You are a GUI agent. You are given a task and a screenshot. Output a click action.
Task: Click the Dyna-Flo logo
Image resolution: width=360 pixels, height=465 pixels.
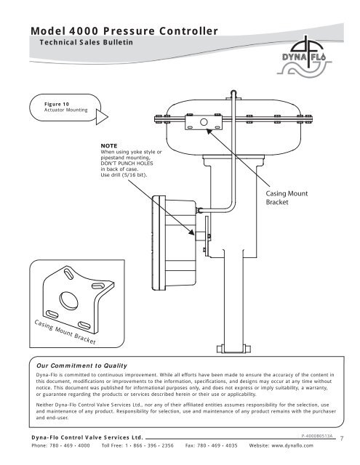pos(304,57)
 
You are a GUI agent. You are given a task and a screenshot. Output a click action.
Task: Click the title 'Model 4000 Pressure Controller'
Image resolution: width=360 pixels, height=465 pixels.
pos(124,31)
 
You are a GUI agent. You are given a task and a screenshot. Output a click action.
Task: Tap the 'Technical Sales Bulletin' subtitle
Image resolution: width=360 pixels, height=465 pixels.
pos(87,42)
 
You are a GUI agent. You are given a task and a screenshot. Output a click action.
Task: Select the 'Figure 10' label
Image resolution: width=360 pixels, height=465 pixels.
pos(57,104)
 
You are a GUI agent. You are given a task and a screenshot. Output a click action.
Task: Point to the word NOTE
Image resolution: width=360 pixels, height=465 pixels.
pos(109,145)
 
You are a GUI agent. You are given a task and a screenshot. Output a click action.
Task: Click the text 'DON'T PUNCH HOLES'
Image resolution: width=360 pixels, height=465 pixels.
pos(127,163)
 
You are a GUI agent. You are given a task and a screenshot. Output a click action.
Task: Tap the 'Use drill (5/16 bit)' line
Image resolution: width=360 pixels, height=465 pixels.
pos(124,175)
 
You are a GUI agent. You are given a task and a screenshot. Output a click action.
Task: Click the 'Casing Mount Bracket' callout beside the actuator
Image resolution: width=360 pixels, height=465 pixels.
pos(287,198)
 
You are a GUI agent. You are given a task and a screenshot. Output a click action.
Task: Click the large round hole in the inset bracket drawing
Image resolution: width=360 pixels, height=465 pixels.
pos(68,300)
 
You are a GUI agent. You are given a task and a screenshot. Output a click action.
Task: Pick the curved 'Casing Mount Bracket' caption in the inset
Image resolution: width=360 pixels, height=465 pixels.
pos(65,332)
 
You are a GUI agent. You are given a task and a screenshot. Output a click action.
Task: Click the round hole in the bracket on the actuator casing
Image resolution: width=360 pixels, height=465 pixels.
pos(204,122)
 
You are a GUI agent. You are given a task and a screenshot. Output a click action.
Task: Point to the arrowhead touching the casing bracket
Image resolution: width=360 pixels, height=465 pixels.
pos(209,131)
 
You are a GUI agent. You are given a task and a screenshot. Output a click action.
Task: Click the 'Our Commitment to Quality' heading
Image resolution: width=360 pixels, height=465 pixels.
pos(81,365)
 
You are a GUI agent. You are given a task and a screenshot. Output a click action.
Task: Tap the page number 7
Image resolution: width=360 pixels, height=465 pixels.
pos(342,438)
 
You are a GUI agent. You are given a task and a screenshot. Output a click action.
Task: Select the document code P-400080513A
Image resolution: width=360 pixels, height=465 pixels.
pos(317,436)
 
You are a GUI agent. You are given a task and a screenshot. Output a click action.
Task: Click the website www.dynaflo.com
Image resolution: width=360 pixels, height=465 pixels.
pos(292,445)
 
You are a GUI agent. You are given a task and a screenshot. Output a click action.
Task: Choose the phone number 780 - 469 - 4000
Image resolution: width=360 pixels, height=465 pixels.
pos(69,445)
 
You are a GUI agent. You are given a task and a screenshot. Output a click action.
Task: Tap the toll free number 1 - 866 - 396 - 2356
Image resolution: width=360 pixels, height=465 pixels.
pos(149,445)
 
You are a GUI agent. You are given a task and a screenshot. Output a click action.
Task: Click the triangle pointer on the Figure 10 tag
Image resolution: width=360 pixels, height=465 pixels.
pos(101,117)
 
